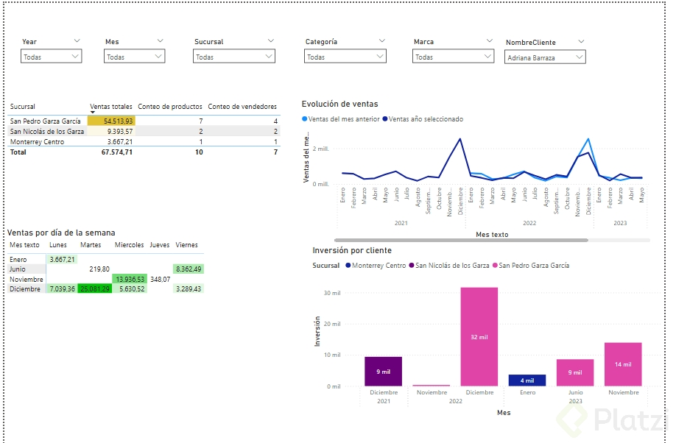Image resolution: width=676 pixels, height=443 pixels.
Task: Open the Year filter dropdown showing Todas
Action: click(51, 57)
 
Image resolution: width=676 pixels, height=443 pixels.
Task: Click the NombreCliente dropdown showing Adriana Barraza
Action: click(545, 57)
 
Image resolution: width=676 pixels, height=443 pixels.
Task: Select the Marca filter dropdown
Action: click(453, 57)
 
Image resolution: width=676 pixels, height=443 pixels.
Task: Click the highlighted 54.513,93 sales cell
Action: click(110, 121)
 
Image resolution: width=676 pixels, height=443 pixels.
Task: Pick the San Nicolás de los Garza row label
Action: click(47, 131)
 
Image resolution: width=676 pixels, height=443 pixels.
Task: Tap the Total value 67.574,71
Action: click(112, 152)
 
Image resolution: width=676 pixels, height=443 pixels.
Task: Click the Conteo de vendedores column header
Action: click(242, 107)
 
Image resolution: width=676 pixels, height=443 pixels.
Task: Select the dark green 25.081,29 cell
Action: click(94, 289)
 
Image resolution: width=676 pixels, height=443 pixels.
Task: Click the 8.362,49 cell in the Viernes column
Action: click(189, 269)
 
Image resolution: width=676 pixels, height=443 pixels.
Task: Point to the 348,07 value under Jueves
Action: click(160, 280)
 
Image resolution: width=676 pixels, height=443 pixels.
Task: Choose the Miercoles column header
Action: click(130, 245)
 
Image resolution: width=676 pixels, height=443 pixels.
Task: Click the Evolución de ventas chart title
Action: click(339, 104)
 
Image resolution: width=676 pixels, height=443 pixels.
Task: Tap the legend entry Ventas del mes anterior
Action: click(342, 118)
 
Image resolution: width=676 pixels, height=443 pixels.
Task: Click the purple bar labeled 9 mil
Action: click(383, 372)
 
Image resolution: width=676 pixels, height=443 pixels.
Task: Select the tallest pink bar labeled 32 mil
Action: click(479, 336)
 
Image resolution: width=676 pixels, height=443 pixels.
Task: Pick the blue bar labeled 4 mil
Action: click(527, 380)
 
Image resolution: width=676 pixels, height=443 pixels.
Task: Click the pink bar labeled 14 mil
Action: click(623, 364)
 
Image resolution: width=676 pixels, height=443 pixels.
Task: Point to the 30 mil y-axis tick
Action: click(331, 293)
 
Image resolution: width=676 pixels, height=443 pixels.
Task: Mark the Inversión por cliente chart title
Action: click(352, 250)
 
